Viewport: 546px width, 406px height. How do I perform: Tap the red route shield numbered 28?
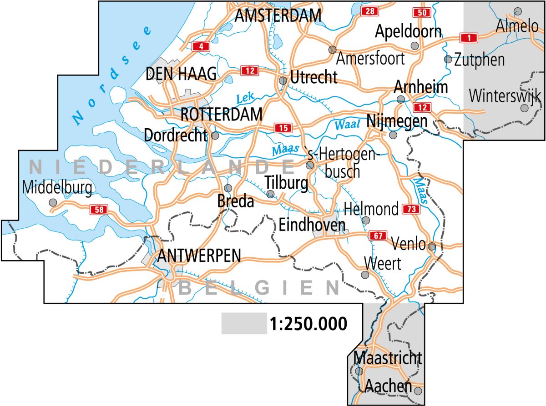click(x=369, y=12)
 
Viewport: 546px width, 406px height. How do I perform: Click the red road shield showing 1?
click(x=468, y=37)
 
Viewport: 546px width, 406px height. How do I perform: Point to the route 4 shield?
click(x=201, y=46)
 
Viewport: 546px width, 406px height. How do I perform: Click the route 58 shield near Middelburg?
click(x=99, y=210)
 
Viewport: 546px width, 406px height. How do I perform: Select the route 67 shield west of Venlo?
click(x=377, y=236)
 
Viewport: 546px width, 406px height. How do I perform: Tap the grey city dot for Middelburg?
click(x=53, y=202)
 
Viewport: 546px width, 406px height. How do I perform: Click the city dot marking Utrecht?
click(x=283, y=80)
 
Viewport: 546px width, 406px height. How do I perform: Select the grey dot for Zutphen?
click(x=448, y=59)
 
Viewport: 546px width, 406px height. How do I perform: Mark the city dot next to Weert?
click(x=365, y=275)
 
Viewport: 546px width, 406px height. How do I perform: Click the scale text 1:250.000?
click(x=308, y=324)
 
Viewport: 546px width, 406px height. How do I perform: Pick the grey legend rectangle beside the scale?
click(x=244, y=323)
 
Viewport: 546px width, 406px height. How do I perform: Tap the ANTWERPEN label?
click(x=198, y=256)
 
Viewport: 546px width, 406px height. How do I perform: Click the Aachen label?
click(x=388, y=387)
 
